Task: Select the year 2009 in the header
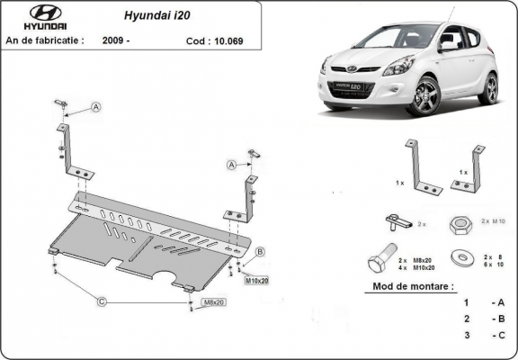tap(116, 40)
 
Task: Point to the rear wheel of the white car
tap(488, 87)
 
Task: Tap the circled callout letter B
tap(259, 251)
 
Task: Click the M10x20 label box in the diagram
tap(256, 280)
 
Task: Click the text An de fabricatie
tap(45, 40)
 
